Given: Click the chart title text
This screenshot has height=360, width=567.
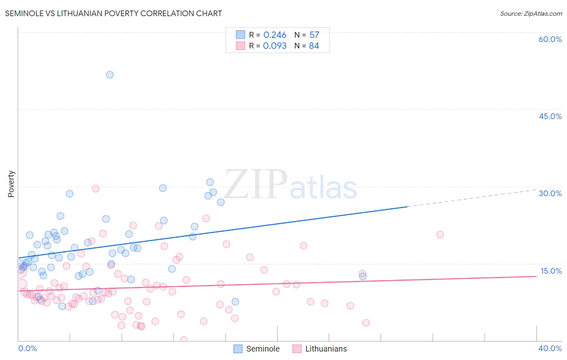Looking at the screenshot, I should point(113,13).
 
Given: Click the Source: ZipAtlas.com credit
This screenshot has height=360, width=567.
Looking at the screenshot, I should point(531,13).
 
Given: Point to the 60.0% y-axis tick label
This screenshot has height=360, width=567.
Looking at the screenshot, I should point(550,39).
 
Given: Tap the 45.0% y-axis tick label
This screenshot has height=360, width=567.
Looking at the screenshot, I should point(550,116).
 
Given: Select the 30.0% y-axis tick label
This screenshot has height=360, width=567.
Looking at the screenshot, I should point(550,193).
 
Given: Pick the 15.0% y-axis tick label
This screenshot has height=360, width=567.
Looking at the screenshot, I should point(551,271).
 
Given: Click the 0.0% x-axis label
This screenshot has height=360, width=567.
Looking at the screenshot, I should point(27,348).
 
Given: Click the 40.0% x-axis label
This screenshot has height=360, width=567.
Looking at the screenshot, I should point(550,348).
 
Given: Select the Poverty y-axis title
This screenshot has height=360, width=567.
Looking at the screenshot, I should point(11,184).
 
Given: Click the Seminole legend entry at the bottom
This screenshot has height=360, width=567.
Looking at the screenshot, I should point(257,349).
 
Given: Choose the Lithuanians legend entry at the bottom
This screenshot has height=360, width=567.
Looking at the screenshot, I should point(320,349).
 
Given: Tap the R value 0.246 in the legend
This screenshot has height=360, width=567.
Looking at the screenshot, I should point(275,35).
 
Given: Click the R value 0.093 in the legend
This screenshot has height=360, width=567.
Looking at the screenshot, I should point(275,46).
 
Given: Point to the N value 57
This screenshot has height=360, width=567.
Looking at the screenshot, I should point(314,35).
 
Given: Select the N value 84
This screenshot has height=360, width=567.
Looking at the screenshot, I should point(314,46).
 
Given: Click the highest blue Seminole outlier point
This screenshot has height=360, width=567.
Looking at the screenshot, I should point(110,75).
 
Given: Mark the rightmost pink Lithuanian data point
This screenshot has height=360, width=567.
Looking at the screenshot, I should point(440,234).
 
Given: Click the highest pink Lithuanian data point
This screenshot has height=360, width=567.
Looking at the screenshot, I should point(96,188).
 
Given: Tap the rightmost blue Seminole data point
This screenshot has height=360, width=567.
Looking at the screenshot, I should point(363,276).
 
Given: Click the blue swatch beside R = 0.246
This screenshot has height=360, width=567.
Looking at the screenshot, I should point(240,35).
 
